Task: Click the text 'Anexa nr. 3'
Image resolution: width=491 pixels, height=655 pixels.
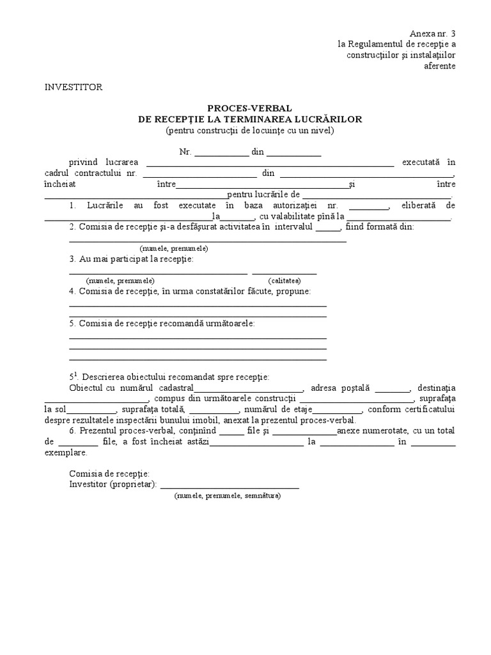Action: (433, 33)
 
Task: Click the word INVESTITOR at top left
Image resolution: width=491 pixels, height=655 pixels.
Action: (73, 88)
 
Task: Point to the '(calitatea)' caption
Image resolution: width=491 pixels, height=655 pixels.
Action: (284, 281)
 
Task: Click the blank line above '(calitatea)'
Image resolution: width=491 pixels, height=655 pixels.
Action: (284, 272)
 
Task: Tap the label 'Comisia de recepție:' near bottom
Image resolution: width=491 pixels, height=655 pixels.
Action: (109, 474)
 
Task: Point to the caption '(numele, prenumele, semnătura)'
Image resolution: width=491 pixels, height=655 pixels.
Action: (227, 496)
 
